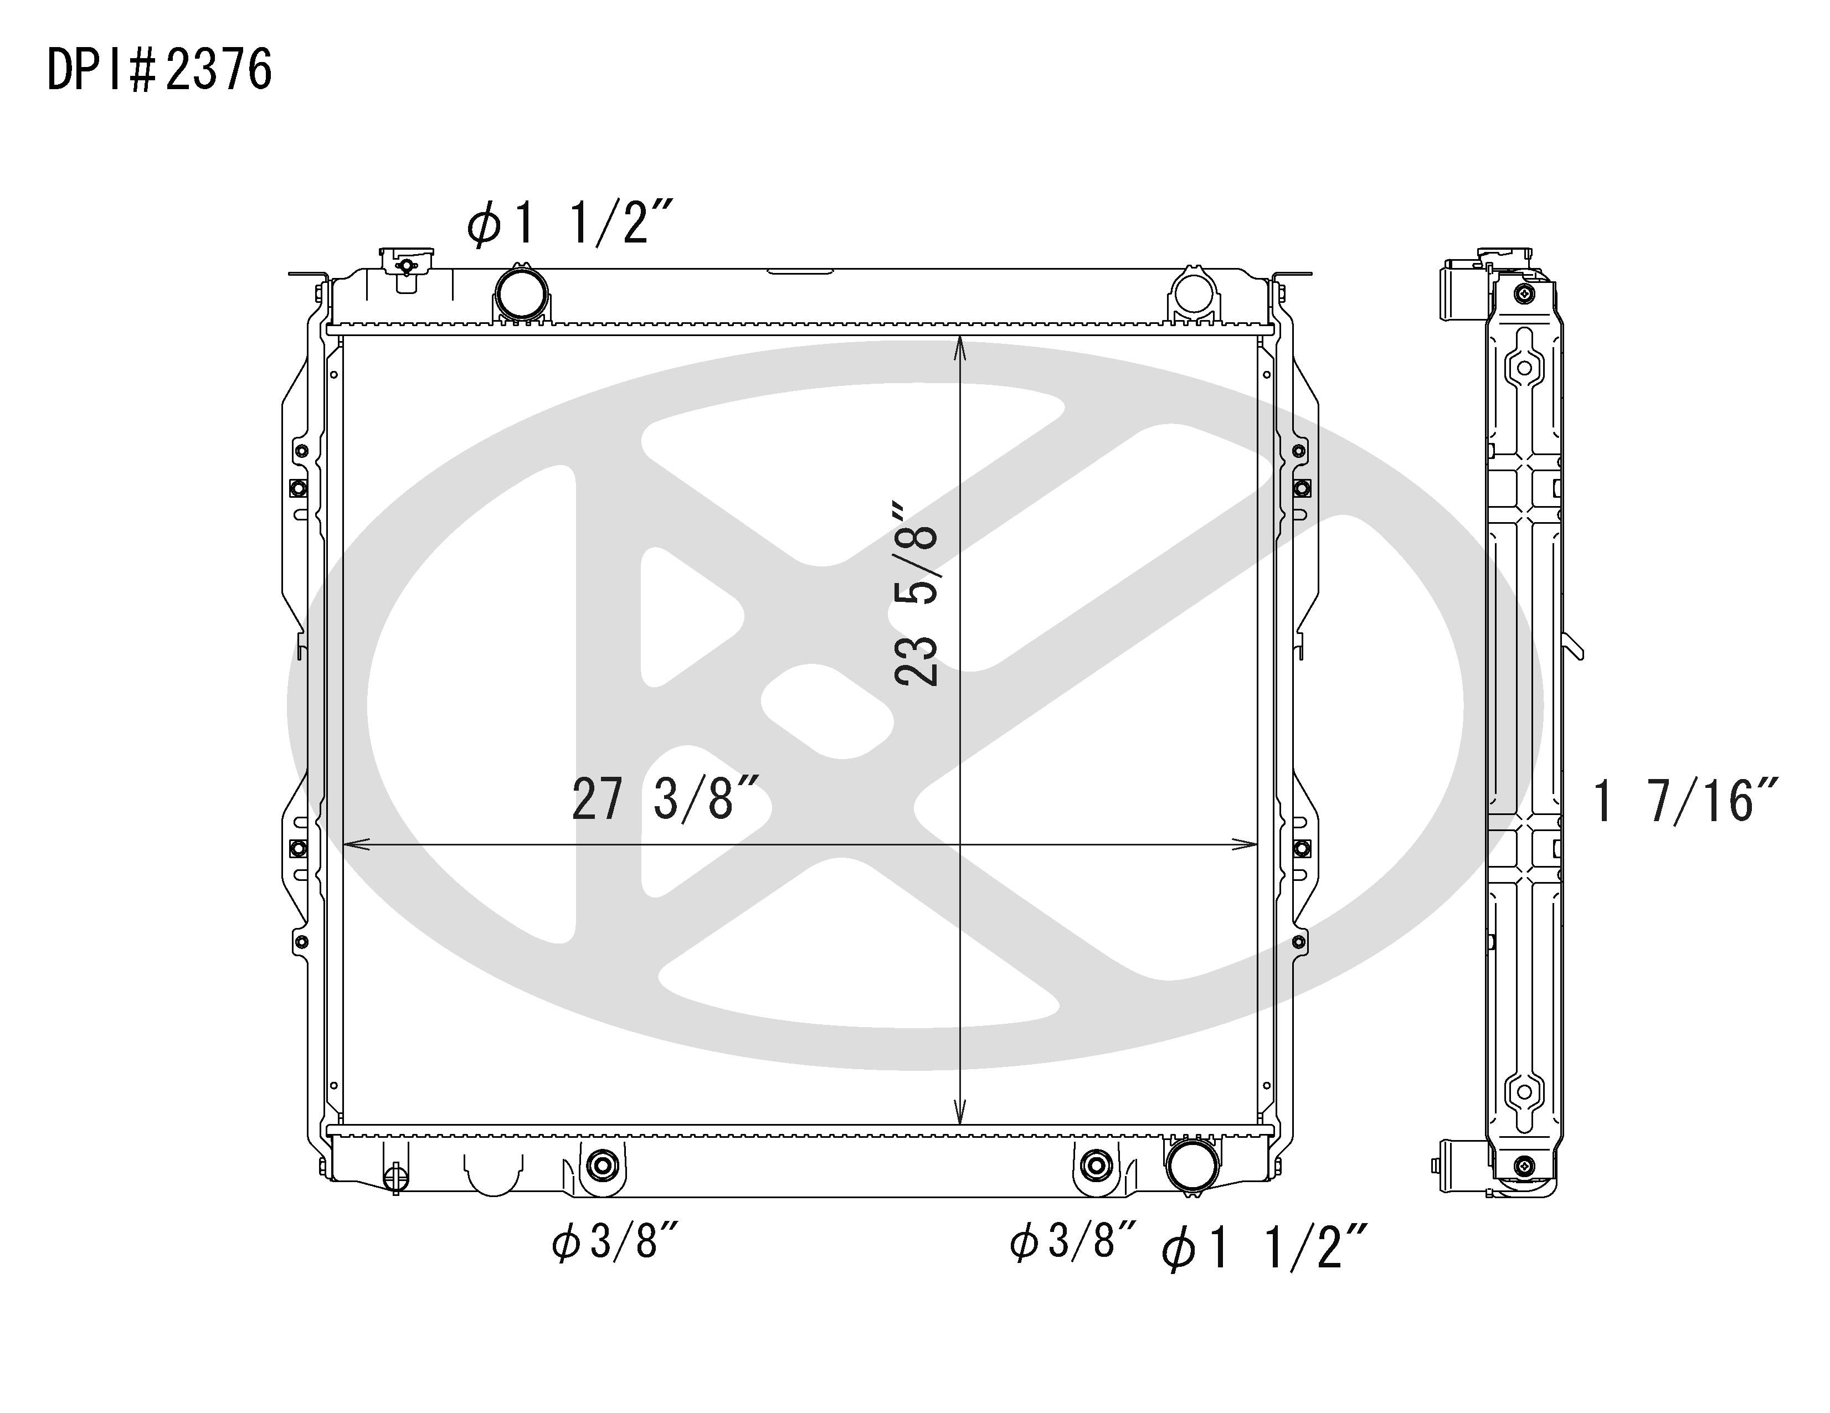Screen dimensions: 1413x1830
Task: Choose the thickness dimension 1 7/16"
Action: coord(1684,802)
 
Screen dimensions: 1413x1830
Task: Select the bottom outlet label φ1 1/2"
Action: coord(1264,1248)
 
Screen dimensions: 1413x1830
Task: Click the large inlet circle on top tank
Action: coord(521,292)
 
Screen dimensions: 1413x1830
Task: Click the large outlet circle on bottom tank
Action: coord(1192,1166)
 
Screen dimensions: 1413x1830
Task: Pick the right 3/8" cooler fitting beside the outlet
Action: coord(1095,1165)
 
